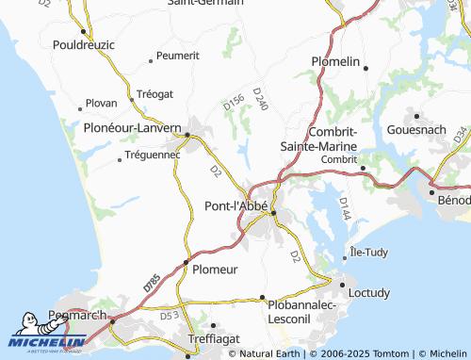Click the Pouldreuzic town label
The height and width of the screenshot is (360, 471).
click(82, 44)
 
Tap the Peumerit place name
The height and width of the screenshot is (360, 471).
click(178, 57)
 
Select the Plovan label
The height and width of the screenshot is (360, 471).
click(101, 103)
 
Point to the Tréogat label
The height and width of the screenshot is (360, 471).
click(154, 94)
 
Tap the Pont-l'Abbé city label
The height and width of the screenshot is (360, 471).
click(236, 205)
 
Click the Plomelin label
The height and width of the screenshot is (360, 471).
click(336, 62)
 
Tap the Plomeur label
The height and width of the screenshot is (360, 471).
click(215, 270)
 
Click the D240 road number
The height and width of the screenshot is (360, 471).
click(261, 101)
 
